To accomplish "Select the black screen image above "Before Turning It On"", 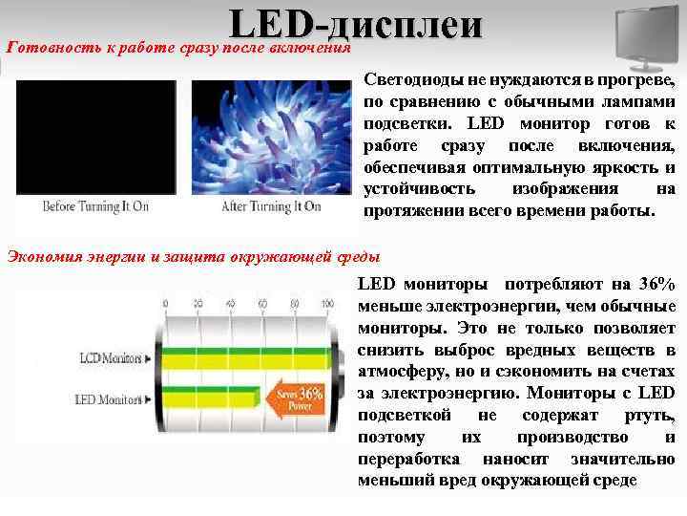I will pos(95,138).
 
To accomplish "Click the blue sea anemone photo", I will pos(271,138).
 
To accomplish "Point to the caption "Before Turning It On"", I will pos(96,206).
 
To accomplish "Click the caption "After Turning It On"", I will pos(271,206).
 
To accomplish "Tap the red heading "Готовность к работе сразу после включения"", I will pos(179,47).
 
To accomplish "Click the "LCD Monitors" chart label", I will pos(108,359).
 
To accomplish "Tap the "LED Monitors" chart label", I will pos(108,398).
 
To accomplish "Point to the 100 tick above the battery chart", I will pos(327,304).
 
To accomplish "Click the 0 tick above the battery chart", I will pos(166,304).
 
